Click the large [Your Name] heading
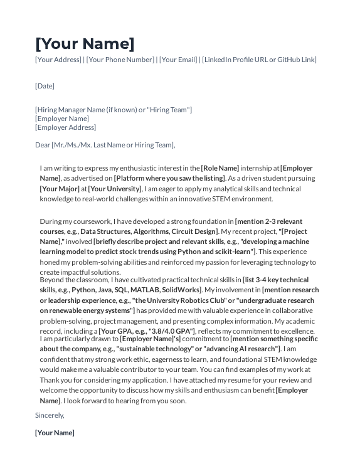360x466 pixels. [x=85, y=44]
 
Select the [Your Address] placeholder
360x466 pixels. [x=58, y=60]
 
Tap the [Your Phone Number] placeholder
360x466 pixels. [x=120, y=60]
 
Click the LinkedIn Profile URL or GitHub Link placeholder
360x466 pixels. [x=259, y=60]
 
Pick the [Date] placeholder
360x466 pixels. [x=45, y=86]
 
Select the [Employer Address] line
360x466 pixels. [x=65, y=127]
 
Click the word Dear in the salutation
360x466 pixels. [x=43, y=146]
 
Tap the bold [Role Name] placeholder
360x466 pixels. [x=220, y=168]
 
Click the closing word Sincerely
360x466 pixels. [x=50, y=415]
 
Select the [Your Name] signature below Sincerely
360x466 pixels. [x=55, y=433]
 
